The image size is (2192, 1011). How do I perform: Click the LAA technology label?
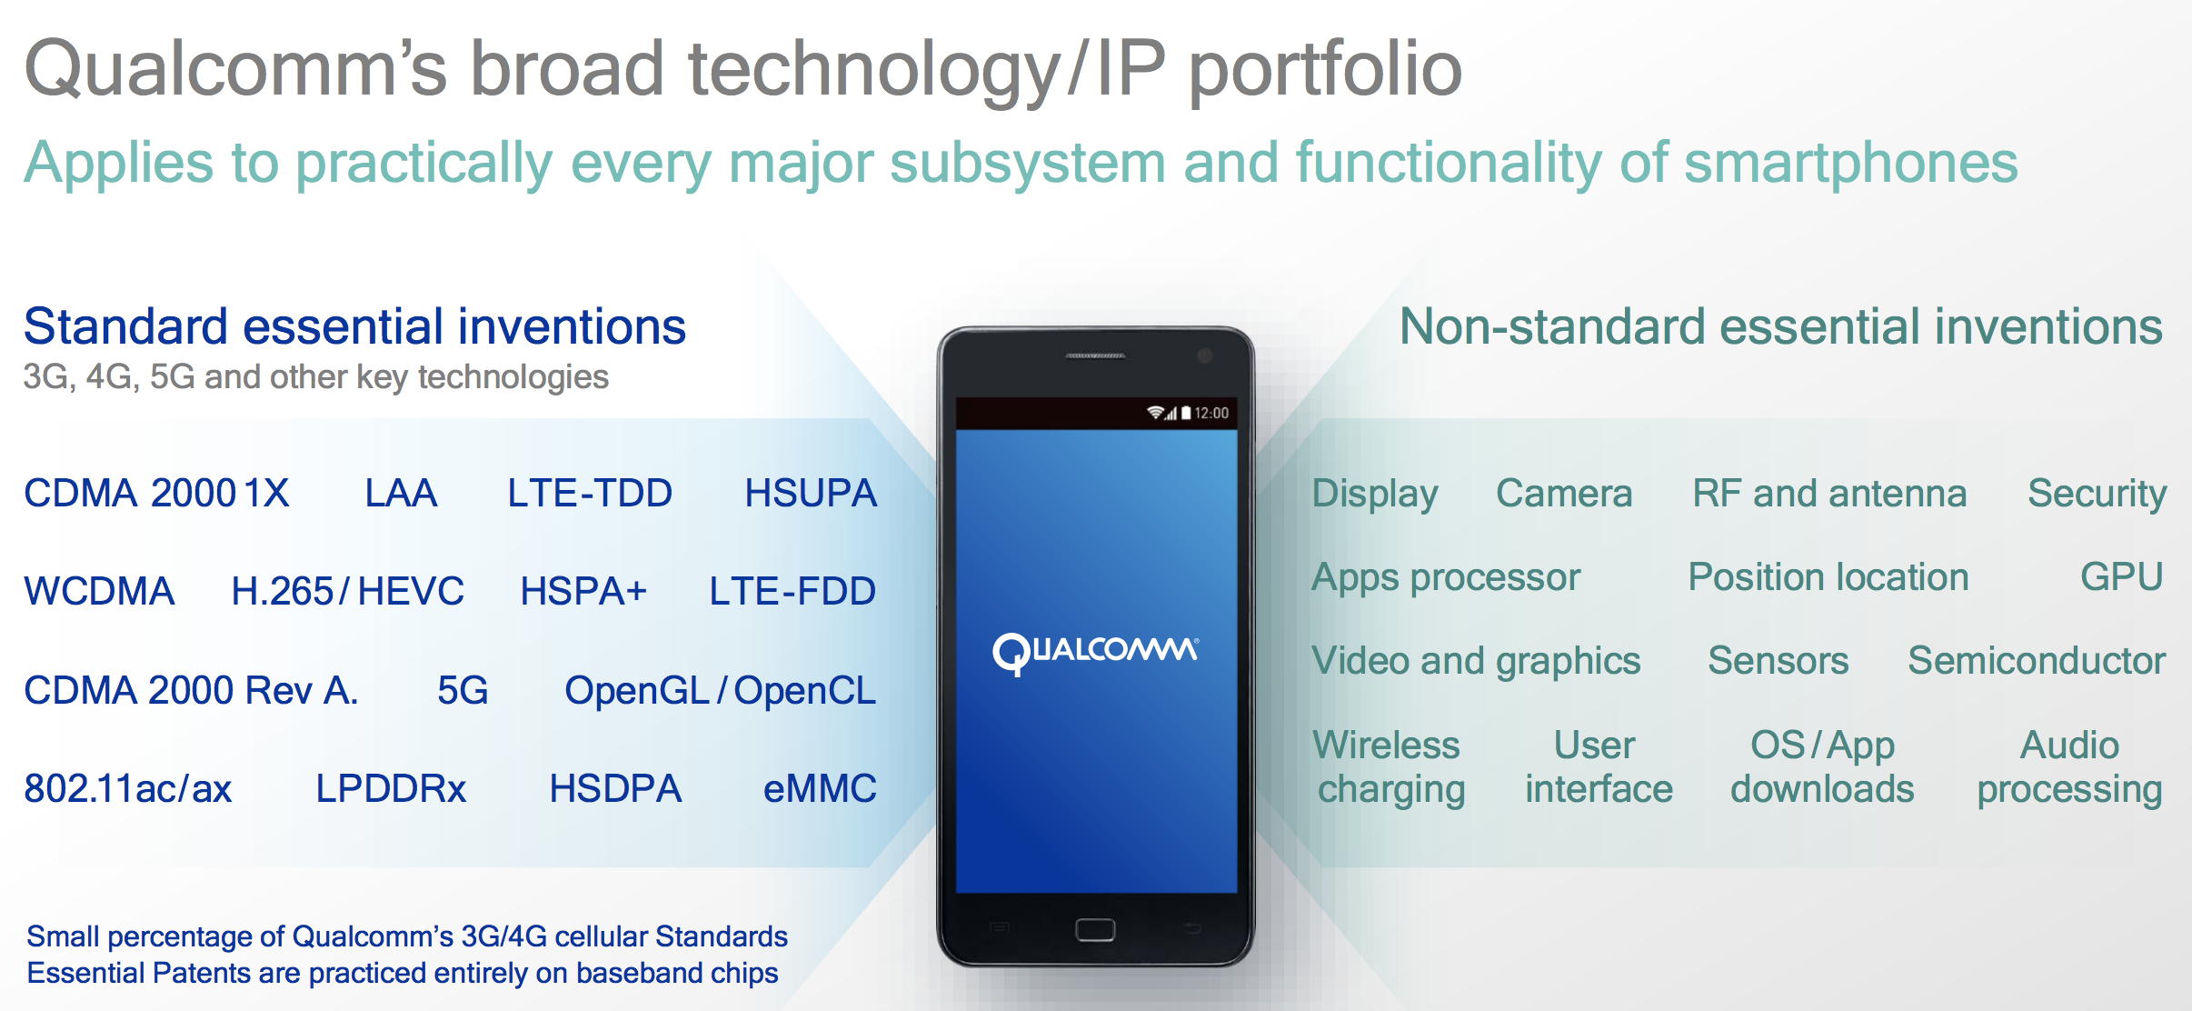[x=401, y=494]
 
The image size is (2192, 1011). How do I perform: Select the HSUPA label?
[x=811, y=494]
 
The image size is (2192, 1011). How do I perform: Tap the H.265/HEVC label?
[x=347, y=592]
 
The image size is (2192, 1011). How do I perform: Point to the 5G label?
[x=463, y=691]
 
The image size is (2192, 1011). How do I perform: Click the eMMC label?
[x=820, y=788]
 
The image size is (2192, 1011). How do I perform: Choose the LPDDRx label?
[x=391, y=788]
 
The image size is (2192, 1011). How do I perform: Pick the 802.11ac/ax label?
[x=128, y=788]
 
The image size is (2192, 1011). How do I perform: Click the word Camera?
[x=1564, y=494]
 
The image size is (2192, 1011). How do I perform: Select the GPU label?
[x=2121, y=577]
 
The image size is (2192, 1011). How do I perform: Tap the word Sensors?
[x=1778, y=661]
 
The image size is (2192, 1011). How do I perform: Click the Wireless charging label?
[x=1390, y=767]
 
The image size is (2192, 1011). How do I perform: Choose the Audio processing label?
[x=2069, y=767]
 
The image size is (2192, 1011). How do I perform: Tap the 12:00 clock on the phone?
[x=1211, y=414]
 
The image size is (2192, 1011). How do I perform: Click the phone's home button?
[x=1095, y=930]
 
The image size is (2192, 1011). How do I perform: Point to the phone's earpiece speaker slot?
[x=1095, y=356]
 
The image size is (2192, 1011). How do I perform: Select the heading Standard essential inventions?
[x=354, y=327]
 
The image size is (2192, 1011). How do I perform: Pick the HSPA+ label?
[x=583, y=592]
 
